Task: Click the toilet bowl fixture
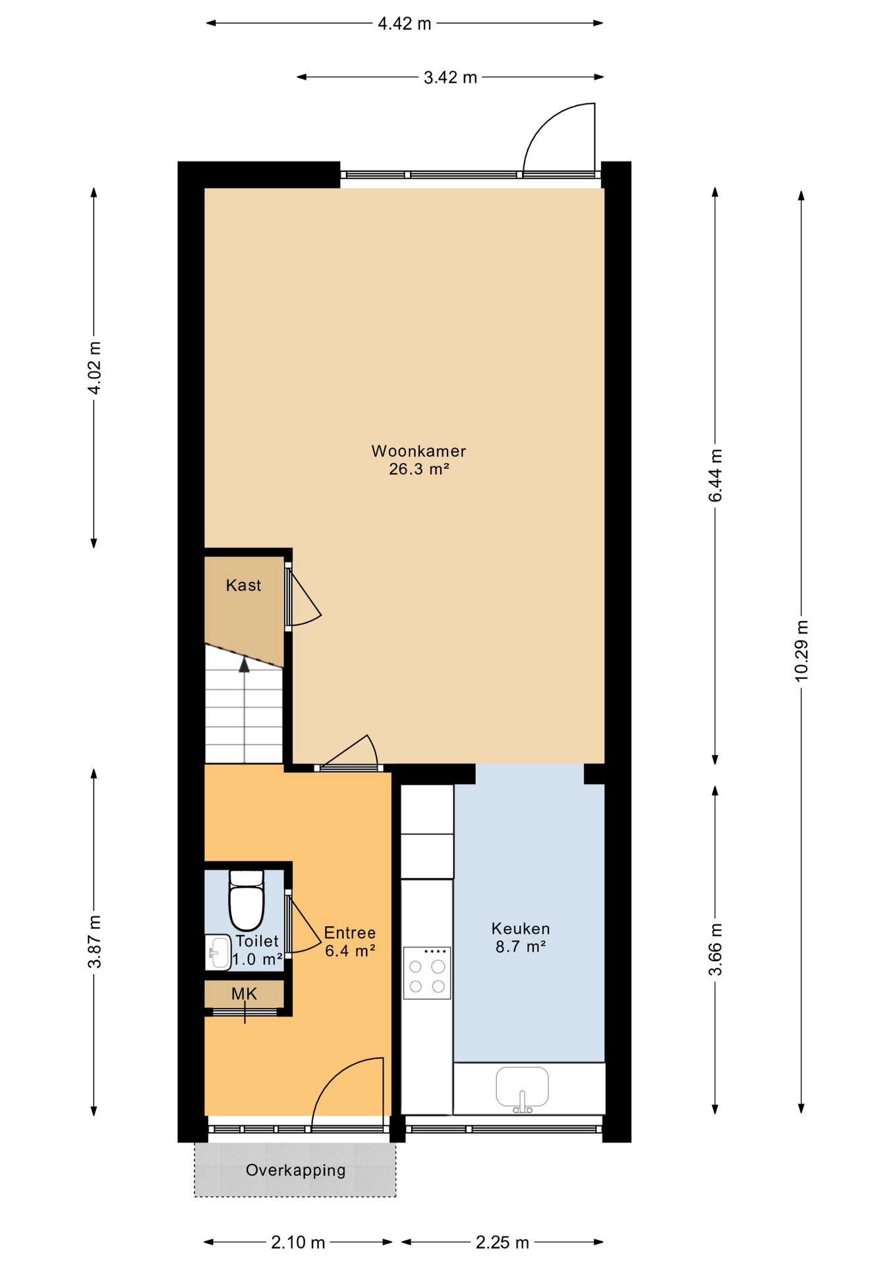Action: click(x=246, y=900)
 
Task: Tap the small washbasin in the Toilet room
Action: click(x=217, y=952)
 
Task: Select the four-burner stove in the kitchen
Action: click(x=427, y=973)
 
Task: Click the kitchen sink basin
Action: click(x=522, y=1088)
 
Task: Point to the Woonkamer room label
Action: click(x=419, y=451)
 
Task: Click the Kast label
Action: click(x=243, y=585)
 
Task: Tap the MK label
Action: click(x=244, y=994)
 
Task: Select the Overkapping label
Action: click(x=295, y=1170)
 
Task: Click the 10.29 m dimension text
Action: click(x=801, y=650)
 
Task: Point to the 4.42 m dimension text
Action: click(x=405, y=24)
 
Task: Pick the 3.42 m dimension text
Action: click(x=450, y=78)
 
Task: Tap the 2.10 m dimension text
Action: click(x=298, y=1243)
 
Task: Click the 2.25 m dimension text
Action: click(x=502, y=1243)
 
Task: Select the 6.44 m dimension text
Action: click(x=715, y=476)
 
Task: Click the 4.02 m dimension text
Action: click(x=94, y=368)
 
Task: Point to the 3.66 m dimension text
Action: click(x=715, y=950)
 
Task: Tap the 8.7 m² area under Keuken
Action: click(x=521, y=947)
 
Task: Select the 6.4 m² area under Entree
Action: click(x=350, y=951)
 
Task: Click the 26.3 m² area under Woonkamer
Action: click(x=419, y=469)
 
